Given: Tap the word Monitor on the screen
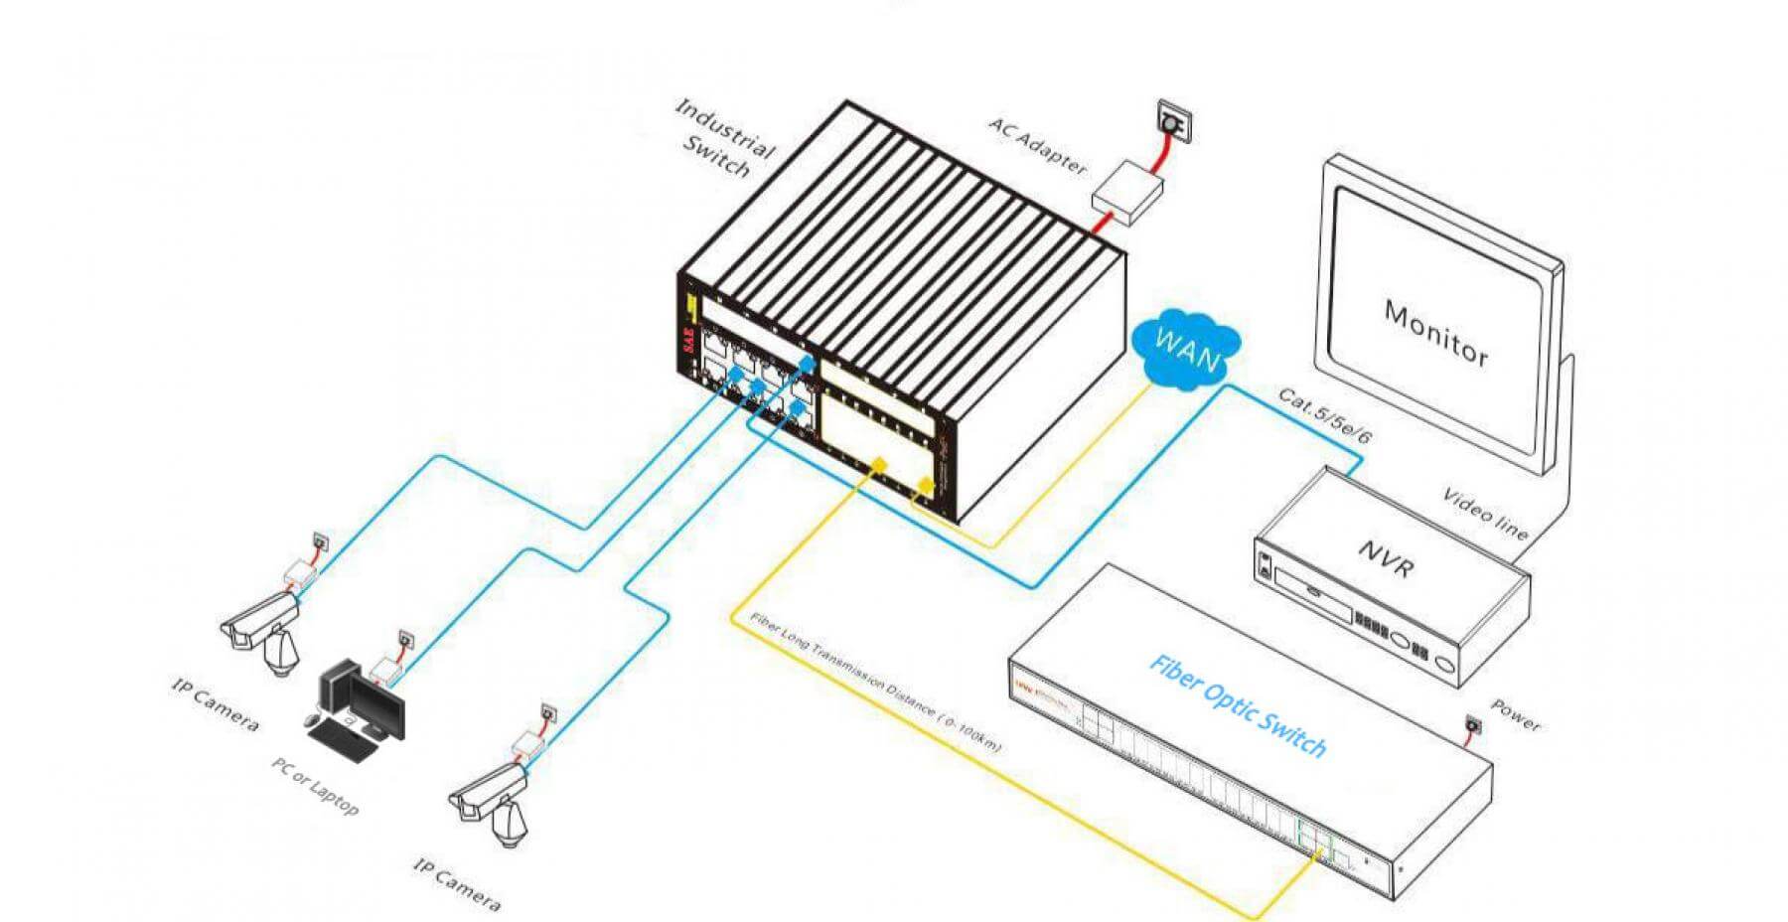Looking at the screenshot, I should (1435, 334).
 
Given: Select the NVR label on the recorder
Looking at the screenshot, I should (1385, 556).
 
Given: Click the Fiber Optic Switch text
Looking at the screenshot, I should (1238, 705).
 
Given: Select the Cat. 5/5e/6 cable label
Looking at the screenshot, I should (1324, 415).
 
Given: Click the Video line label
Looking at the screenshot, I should (1484, 514).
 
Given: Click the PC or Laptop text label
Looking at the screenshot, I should (315, 785).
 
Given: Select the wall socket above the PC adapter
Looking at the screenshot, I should (405, 638).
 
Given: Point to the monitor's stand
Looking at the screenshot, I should (1558, 447).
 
